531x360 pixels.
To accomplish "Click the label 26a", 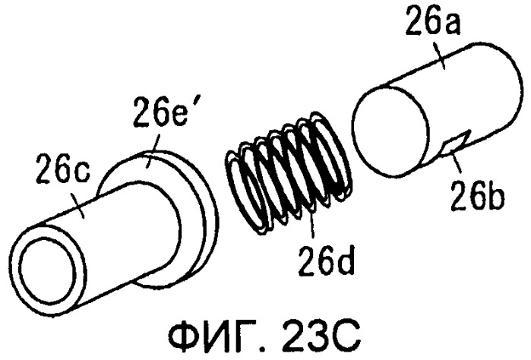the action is [x=433, y=21].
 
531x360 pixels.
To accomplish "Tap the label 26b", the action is [x=478, y=196].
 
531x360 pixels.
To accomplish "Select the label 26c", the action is [x=63, y=168].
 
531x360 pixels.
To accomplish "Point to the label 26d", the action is [x=326, y=260].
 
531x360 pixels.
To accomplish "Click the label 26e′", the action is [x=160, y=112].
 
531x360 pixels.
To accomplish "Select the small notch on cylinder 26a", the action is [x=456, y=144].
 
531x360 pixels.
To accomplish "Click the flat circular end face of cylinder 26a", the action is [x=391, y=131].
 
